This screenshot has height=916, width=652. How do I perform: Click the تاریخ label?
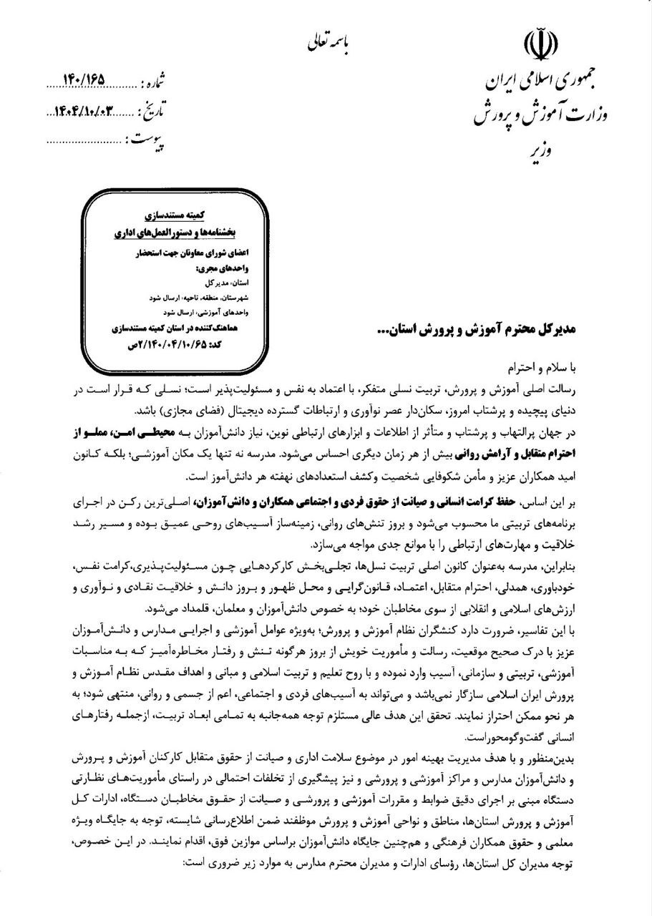pyautogui.click(x=151, y=112)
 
